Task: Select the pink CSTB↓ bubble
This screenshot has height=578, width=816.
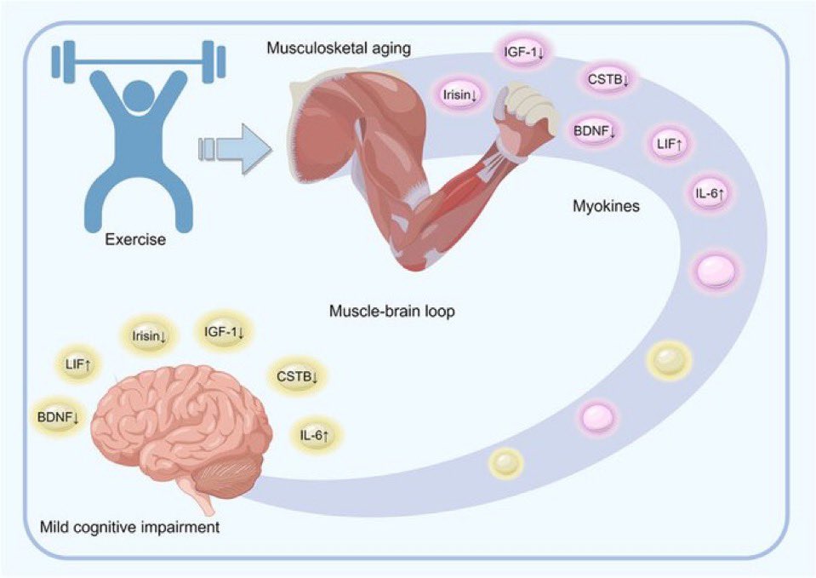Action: tap(608, 80)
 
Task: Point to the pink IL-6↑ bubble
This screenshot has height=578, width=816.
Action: tap(709, 194)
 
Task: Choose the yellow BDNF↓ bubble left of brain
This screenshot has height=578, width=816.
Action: tap(58, 415)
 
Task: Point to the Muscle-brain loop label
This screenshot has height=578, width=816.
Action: tap(391, 312)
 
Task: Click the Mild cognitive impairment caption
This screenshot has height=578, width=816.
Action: tap(129, 527)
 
